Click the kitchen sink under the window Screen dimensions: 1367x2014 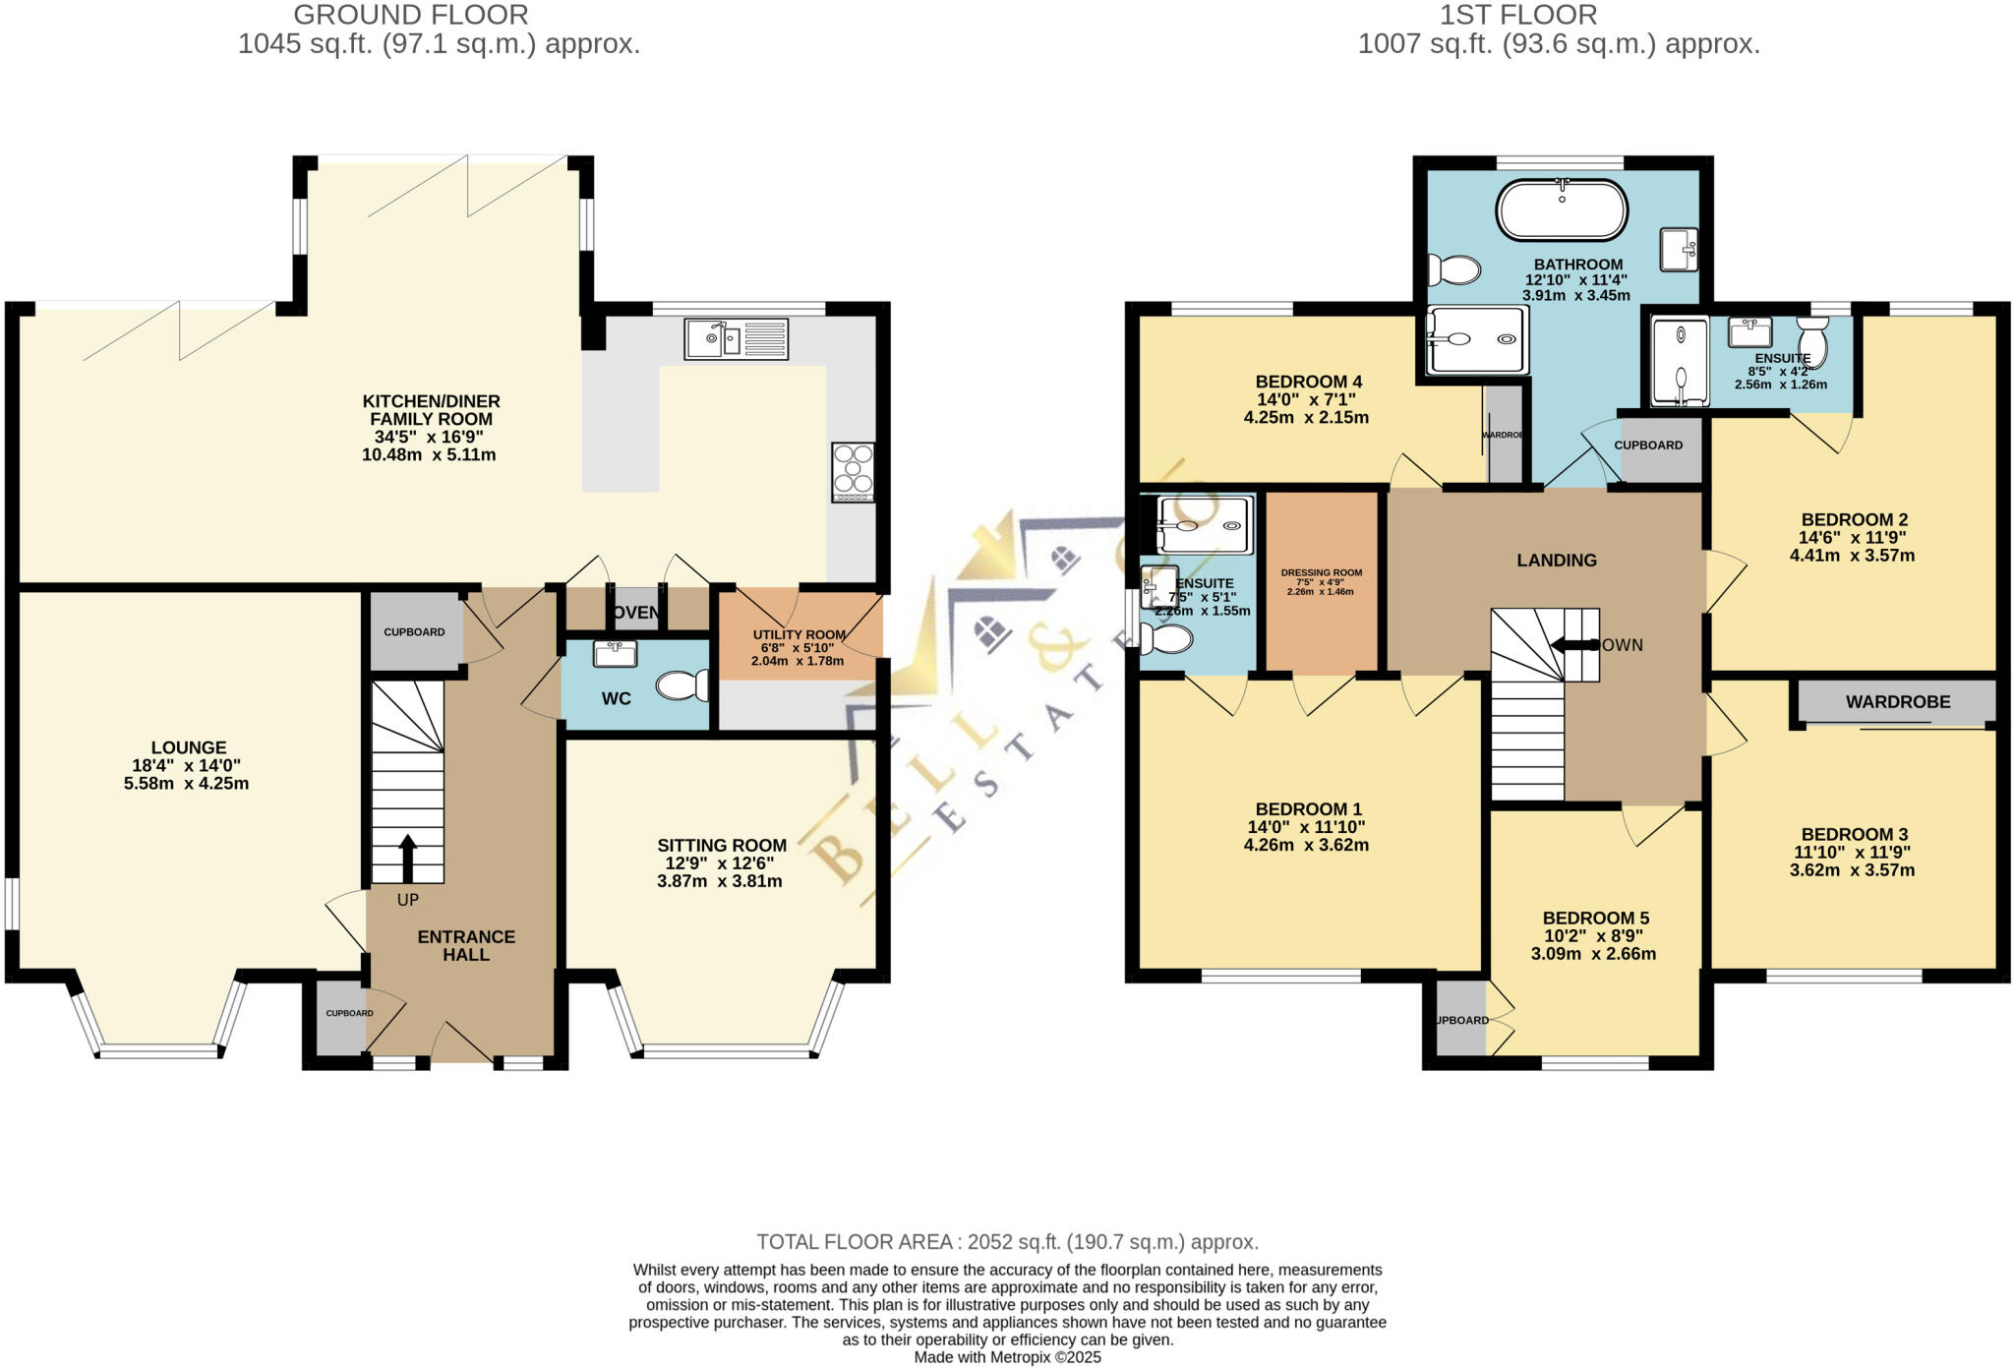pos(736,338)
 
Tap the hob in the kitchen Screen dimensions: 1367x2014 pos(853,472)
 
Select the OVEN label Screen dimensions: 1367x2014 pos(635,613)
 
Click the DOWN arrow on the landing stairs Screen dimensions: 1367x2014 pos(1573,645)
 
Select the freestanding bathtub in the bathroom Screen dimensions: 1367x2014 pos(1562,209)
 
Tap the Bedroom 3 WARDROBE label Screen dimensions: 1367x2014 pos(1897,702)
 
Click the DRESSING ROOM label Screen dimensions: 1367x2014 pos(1321,572)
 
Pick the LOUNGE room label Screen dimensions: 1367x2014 pos(189,747)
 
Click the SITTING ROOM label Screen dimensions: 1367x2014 pos(722,845)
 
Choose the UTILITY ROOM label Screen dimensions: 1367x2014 pos(799,635)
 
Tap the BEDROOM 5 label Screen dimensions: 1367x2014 pos(1595,918)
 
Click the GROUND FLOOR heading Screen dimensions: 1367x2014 pos(410,15)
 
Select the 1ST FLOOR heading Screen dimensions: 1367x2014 pos(1559,15)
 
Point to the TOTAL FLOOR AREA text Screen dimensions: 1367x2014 pos(1007,1242)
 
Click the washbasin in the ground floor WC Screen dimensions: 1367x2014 pos(616,653)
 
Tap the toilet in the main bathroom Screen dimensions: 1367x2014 pos(1454,268)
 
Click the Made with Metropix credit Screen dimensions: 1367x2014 pos(1007,1357)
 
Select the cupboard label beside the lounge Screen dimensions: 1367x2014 pos(414,632)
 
